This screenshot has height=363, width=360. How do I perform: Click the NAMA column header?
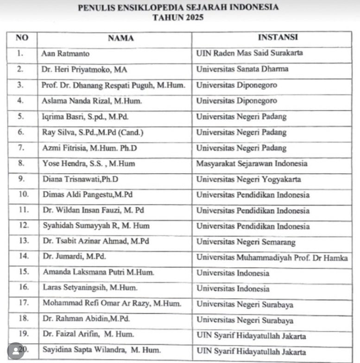pyautogui.click(x=120, y=38)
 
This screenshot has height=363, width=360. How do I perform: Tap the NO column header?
pyautogui.click(x=22, y=38)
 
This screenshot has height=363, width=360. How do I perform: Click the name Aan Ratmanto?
pyautogui.click(x=63, y=54)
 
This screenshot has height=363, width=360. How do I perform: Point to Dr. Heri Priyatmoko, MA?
pyautogui.click(x=84, y=69)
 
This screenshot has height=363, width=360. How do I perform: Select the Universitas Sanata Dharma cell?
pyautogui.click(x=242, y=69)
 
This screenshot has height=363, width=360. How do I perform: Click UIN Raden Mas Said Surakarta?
pyautogui.click(x=250, y=53)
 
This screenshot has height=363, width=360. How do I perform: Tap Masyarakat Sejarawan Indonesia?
pyautogui.click(x=252, y=163)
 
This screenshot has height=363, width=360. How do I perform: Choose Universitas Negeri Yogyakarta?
pyautogui.click(x=248, y=179)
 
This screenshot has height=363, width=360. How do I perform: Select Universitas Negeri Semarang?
pyautogui.click(x=246, y=242)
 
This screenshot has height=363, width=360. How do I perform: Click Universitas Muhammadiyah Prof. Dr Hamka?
pyautogui.click(x=272, y=257)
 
